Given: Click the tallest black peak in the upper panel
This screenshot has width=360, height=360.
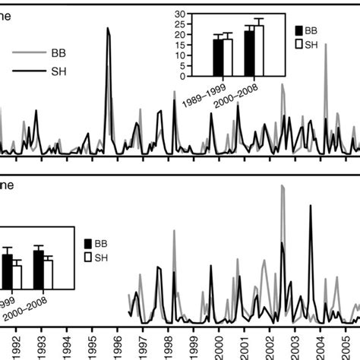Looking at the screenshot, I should point(109,29).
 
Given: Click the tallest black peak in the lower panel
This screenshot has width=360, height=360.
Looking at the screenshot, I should point(310,206).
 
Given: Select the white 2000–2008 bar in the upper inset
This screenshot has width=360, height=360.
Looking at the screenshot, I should point(259,50).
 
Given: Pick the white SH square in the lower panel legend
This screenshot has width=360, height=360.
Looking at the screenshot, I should point(90,260).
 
